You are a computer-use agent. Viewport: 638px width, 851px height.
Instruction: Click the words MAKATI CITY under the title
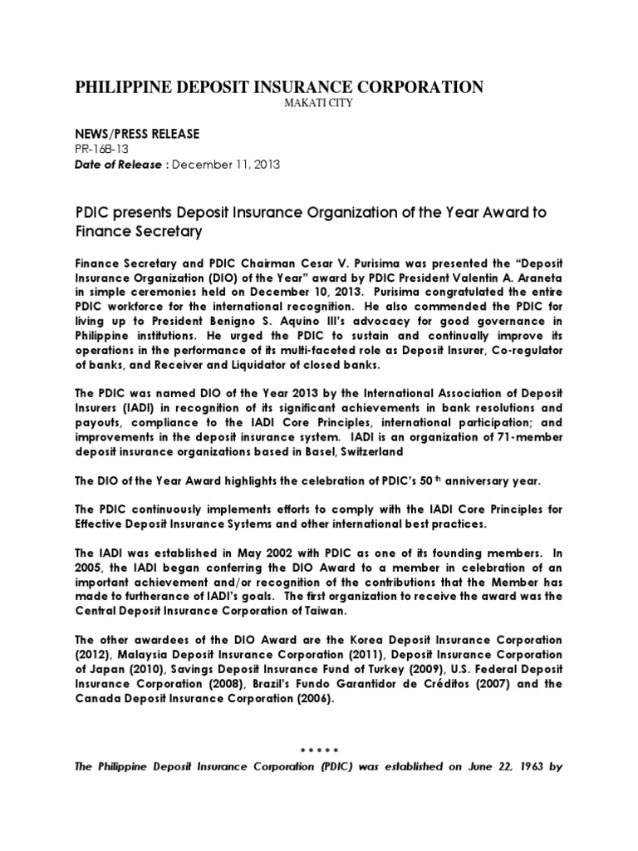click(279, 102)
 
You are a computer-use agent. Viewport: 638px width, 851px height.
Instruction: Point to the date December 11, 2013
click(228, 165)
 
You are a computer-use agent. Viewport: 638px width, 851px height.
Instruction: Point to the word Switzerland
click(366, 452)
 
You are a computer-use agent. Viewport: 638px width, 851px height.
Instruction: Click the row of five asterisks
click(319, 750)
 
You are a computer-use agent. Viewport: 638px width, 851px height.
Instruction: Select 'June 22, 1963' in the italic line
click(498, 767)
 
